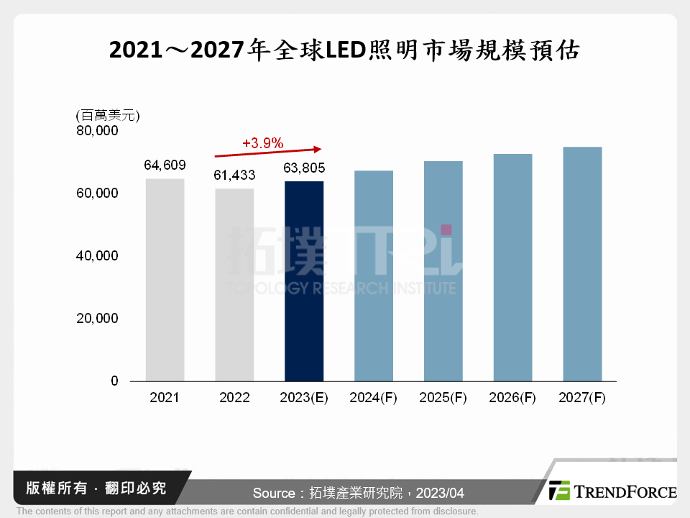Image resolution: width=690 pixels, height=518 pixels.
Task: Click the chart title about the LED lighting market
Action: tap(344, 51)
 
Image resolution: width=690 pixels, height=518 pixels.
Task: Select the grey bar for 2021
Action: tap(165, 280)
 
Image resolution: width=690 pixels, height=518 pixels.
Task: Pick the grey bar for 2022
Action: tap(234, 285)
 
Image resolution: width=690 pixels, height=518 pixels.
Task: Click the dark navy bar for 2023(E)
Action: tap(304, 281)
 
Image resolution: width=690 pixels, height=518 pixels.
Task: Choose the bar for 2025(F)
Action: tap(443, 271)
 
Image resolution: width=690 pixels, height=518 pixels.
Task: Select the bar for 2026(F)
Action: tap(512, 268)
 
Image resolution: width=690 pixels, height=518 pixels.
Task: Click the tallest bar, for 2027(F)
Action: tap(582, 264)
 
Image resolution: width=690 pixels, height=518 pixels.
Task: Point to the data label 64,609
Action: tap(165, 165)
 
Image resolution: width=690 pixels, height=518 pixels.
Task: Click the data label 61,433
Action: tap(234, 176)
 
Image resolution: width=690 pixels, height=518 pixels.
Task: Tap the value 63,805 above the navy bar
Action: tap(304, 168)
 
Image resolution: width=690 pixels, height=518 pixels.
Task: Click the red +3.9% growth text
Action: tap(263, 143)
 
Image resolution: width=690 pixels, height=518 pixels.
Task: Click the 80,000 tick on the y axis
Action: tap(98, 132)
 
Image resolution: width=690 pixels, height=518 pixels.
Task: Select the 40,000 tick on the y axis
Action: tap(98, 256)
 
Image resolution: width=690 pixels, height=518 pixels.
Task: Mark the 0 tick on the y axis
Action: tap(114, 381)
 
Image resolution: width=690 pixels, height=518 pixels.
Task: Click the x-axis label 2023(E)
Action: tap(304, 398)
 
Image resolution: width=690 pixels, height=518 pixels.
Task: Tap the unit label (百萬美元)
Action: tap(107, 115)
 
